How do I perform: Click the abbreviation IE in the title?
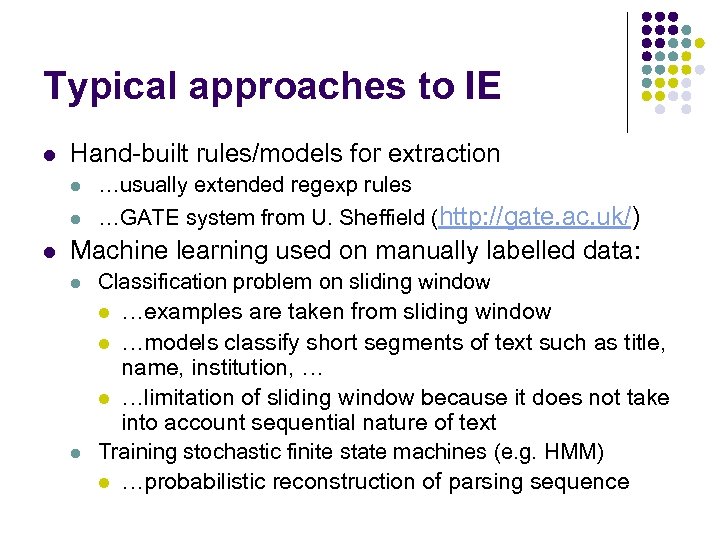tap(481, 86)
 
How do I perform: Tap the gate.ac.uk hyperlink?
tap(537, 216)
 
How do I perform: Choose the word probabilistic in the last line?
tap(194, 482)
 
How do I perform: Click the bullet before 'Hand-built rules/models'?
tap(48, 155)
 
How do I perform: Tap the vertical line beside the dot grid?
tap(628, 72)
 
